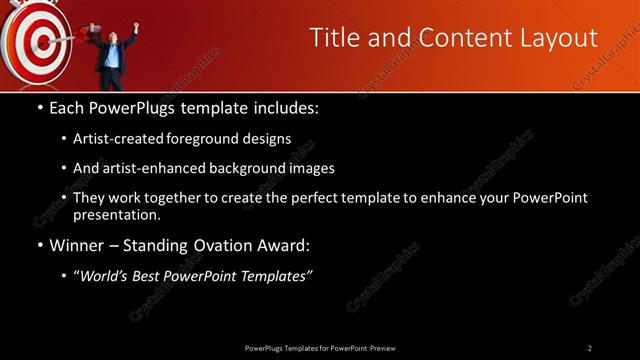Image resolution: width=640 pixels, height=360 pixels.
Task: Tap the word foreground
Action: tap(223, 138)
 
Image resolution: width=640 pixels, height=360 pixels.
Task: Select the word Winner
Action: tap(76, 244)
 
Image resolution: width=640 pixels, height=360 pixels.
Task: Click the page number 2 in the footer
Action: tap(590, 347)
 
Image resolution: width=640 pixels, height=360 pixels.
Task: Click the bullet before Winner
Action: tap(39, 245)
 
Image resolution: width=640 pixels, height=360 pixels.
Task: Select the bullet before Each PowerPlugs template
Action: tap(39, 106)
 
